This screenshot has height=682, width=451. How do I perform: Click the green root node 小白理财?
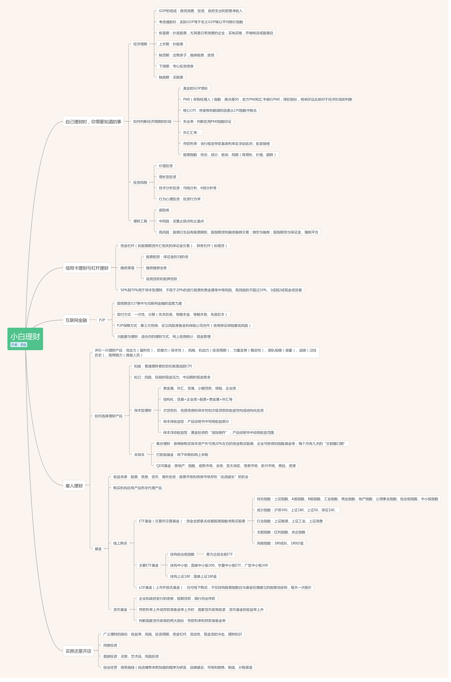pos(25,336)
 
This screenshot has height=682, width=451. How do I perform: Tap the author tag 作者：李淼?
pos(19,345)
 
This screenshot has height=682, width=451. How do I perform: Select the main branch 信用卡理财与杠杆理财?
pos(87,268)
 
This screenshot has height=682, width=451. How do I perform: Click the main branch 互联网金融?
pos(76,320)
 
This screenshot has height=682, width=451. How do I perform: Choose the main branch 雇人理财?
pos(74,486)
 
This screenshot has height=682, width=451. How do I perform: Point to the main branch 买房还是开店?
pos(78,651)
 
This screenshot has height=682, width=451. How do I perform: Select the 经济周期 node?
pos(140,44)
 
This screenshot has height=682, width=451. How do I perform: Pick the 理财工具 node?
pos(140,221)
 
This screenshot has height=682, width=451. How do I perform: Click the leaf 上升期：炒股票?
pos(171,44)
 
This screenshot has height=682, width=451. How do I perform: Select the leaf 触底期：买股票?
pos(171,77)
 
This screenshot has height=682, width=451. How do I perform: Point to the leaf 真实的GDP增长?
pos(195,88)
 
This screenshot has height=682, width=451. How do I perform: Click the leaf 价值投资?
pos(166,166)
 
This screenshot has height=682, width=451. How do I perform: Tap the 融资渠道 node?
pos(127,268)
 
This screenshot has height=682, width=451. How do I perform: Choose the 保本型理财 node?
pos(143,410)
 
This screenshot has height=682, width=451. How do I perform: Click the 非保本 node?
pos(139,455)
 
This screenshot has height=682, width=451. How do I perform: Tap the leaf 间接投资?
pos(110,645)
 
